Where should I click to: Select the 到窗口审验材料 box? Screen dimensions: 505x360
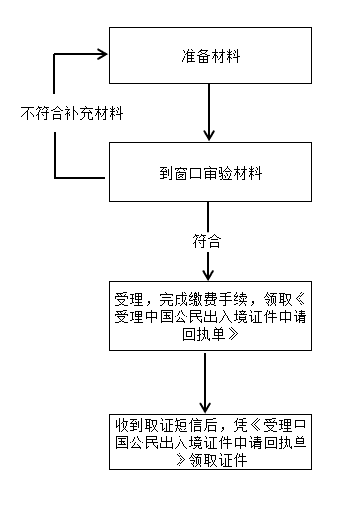point(209,173)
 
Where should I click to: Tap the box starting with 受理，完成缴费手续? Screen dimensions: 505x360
point(209,316)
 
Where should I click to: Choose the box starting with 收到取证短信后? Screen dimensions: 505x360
point(209,443)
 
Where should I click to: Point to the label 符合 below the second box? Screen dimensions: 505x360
point(207,241)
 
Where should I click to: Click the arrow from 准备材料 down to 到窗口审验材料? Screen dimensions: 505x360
point(209,115)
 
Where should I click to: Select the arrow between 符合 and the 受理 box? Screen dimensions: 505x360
point(208,265)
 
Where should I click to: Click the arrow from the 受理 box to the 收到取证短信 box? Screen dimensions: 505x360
point(208,380)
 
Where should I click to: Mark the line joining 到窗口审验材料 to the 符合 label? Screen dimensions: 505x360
point(208,217)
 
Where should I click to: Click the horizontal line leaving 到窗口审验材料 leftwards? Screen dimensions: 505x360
point(81,178)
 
